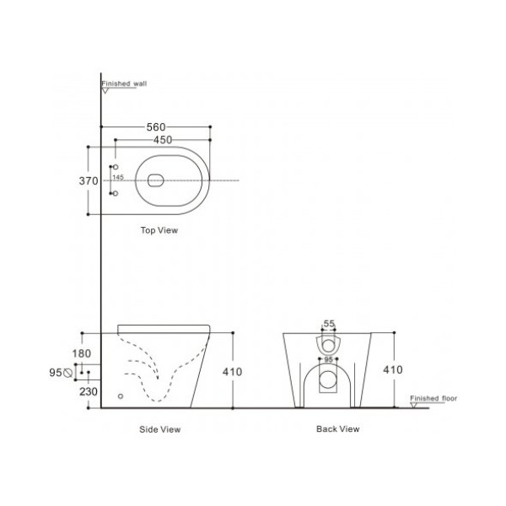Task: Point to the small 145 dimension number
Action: coord(117,178)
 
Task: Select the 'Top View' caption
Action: coord(159,229)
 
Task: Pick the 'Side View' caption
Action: coord(159,429)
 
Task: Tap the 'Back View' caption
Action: coord(337,429)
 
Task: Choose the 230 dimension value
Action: coord(89,390)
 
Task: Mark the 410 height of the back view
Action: coord(392,369)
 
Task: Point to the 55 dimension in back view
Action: coord(329,324)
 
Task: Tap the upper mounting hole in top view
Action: coord(116,166)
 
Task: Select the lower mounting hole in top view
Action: coord(116,195)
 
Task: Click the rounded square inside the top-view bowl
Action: coord(155,180)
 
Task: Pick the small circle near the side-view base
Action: coord(121,394)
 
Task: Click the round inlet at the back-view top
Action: coord(328,343)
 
